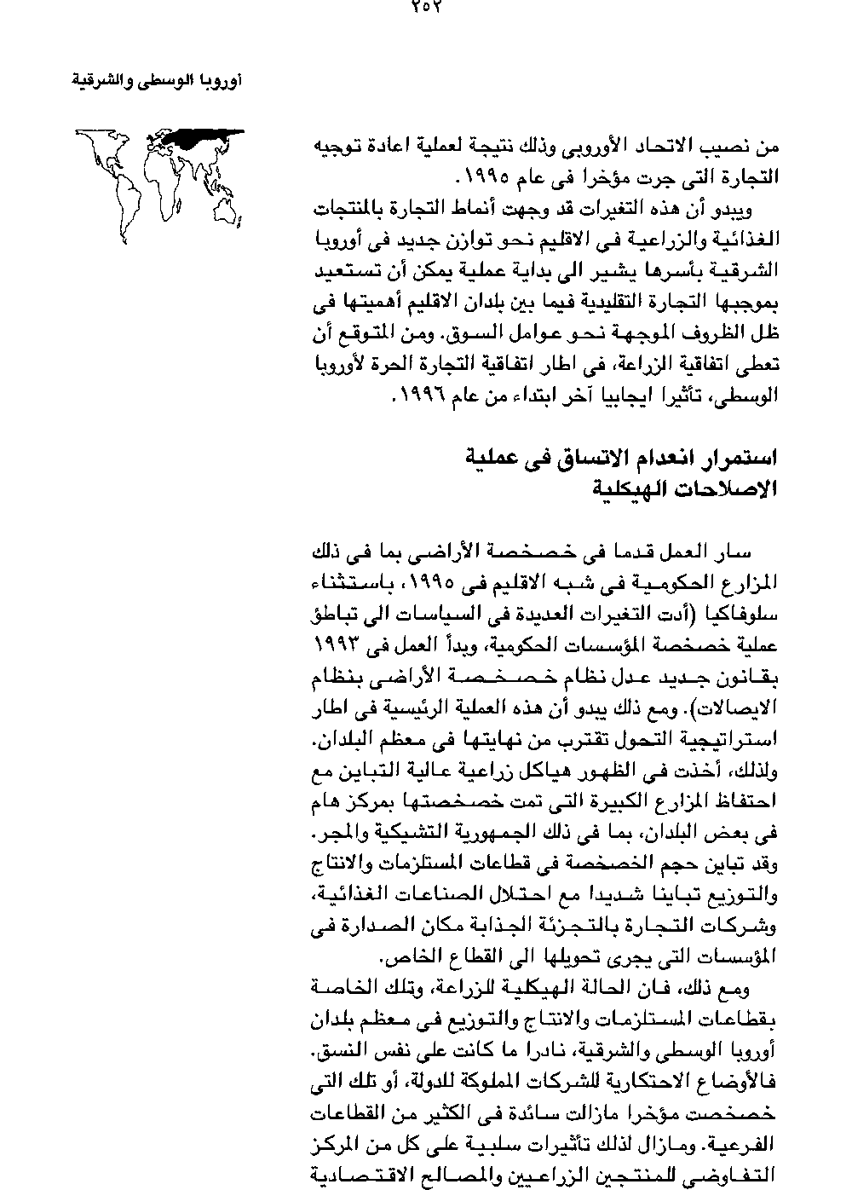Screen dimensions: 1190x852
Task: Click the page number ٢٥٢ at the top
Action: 426,6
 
